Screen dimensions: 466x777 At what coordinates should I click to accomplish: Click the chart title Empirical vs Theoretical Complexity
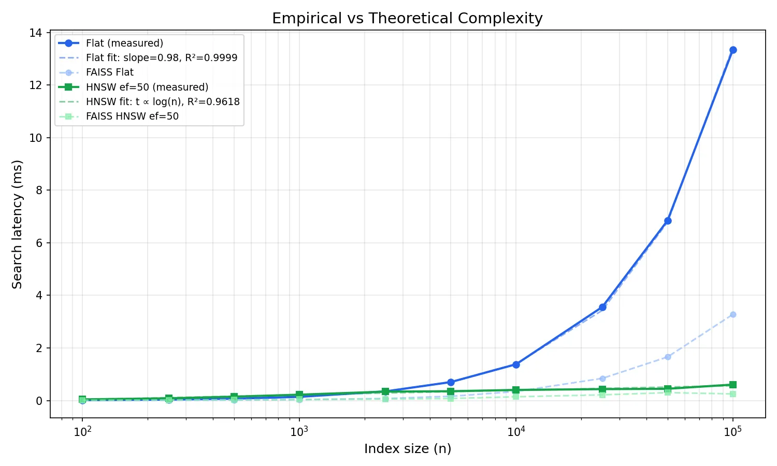pyautogui.click(x=407, y=19)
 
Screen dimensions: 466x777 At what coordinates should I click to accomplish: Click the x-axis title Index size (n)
pyautogui.click(x=408, y=449)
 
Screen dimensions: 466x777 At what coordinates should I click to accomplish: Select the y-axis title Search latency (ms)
pyautogui.click(x=17, y=224)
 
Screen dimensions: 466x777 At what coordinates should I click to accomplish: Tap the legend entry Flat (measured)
pyautogui.click(x=124, y=43)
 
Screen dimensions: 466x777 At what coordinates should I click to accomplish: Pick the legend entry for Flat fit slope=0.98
pyautogui.click(x=162, y=57)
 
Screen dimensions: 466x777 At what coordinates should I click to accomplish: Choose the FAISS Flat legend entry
pyautogui.click(x=110, y=72)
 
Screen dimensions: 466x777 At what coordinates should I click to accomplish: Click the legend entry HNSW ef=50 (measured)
pyautogui.click(x=147, y=87)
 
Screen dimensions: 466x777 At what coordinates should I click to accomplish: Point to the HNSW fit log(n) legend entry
pyautogui.click(x=163, y=101)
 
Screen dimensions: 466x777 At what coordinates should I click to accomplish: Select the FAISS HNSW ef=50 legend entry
pyautogui.click(x=132, y=116)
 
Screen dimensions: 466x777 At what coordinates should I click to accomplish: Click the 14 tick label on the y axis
pyautogui.click(x=36, y=33)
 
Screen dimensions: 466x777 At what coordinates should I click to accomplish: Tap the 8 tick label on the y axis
pyautogui.click(x=39, y=191)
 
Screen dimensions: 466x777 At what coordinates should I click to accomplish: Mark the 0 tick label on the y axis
pyautogui.click(x=39, y=401)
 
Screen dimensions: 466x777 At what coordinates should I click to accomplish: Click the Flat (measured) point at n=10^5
pyautogui.click(x=733, y=50)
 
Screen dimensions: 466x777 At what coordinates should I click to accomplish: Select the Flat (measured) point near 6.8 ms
pyautogui.click(x=668, y=221)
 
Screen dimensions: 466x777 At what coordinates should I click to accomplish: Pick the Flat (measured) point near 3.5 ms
pyautogui.click(x=602, y=307)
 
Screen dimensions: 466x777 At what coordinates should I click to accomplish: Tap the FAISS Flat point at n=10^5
pyautogui.click(x=733, y=314)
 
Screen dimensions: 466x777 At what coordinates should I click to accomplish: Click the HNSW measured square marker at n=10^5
pyautogui.click(x=733, y=385)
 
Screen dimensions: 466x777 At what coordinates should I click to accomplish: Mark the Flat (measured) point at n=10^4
pyautogui.click(x=516, y=365)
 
